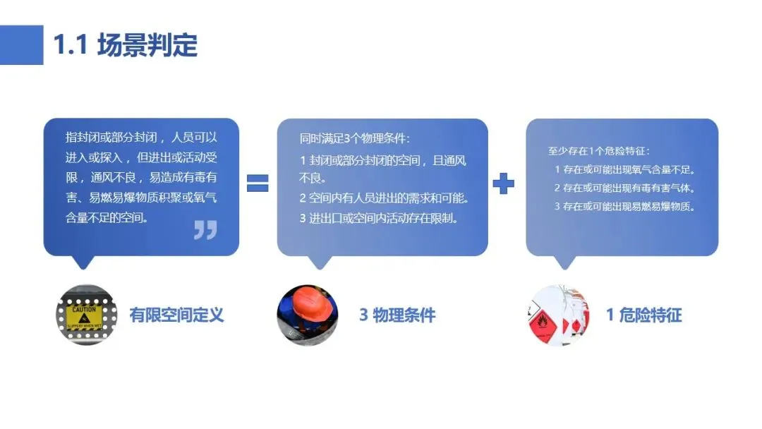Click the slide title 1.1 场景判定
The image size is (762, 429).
pyautogui.click(x=126, y=44)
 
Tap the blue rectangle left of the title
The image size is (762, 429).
pyautogui.click(x=21, y=44)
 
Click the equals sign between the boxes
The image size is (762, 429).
pyautogui.click(x=258, y=183)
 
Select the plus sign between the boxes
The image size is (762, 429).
pyautogui.click(x=503, y=183)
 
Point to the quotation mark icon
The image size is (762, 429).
pyautogui.click(x=205, y=230)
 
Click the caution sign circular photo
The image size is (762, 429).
pyautogui.click(x=86, y=315)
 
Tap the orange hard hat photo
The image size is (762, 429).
pyautogui.click(x=308, y=315)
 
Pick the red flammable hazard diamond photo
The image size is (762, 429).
pyautogui.click(x=558, y=315)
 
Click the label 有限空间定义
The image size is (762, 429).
pyautogui.click(x=176, y=315)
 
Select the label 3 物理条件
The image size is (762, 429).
pyautogui.click(x=397, y=315)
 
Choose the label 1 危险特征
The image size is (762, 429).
pyautogui.click(x=644, y=315)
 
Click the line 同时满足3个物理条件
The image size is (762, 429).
pyautogui.click(x=355, y=138)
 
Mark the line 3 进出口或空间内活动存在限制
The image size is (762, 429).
pyautogui.click(x=379, y=218)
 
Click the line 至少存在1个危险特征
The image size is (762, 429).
pyautogui.click(x=599, y=151)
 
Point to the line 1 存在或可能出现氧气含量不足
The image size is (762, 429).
pyautogui.click(x=625, y=169)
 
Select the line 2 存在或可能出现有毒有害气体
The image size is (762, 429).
pyautogui.click(x=625, y=188)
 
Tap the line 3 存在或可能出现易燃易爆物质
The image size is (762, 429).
pyautogui.click(x=625, y=207)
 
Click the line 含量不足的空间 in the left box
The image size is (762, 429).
pyautogui.click(x=107, y=217)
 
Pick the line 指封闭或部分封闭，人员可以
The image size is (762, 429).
pyautogui.click(x=141, y=137)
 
